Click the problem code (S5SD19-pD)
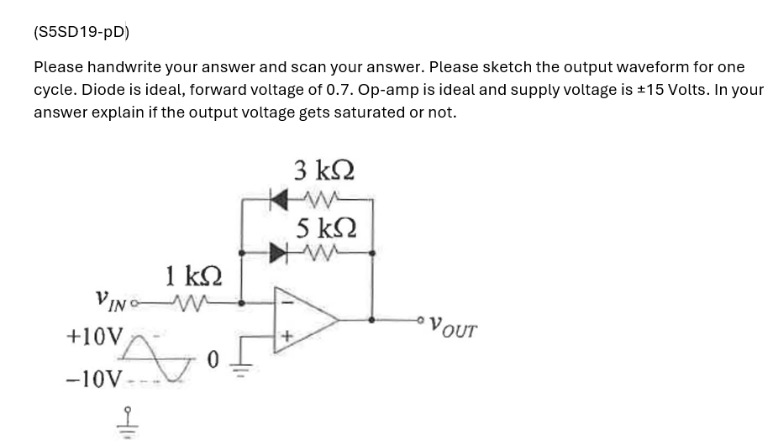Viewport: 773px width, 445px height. pos(82,33)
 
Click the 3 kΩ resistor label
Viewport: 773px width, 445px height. pos(324,171)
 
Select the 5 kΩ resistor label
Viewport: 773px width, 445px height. pos(324,228)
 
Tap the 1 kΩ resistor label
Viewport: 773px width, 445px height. pos(194,274)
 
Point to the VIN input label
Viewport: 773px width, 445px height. pos(113,298)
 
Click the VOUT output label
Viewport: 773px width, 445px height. pos(453,325)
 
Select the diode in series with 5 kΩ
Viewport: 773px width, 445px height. pos(276,250)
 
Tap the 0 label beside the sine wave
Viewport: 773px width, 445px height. pos(213,360)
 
